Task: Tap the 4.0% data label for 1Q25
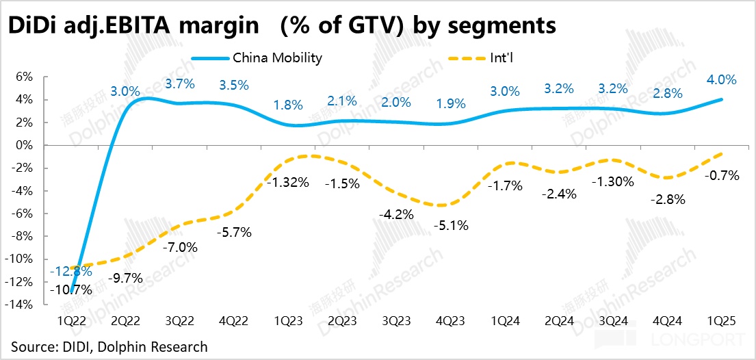[720, 79]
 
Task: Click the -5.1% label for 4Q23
[452, 225]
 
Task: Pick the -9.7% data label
[125, 278]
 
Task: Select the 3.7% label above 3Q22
[180, 84]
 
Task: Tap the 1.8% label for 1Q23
[288, 105]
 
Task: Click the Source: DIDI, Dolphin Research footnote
[109, 346]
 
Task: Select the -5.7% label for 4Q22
[234, 232]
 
